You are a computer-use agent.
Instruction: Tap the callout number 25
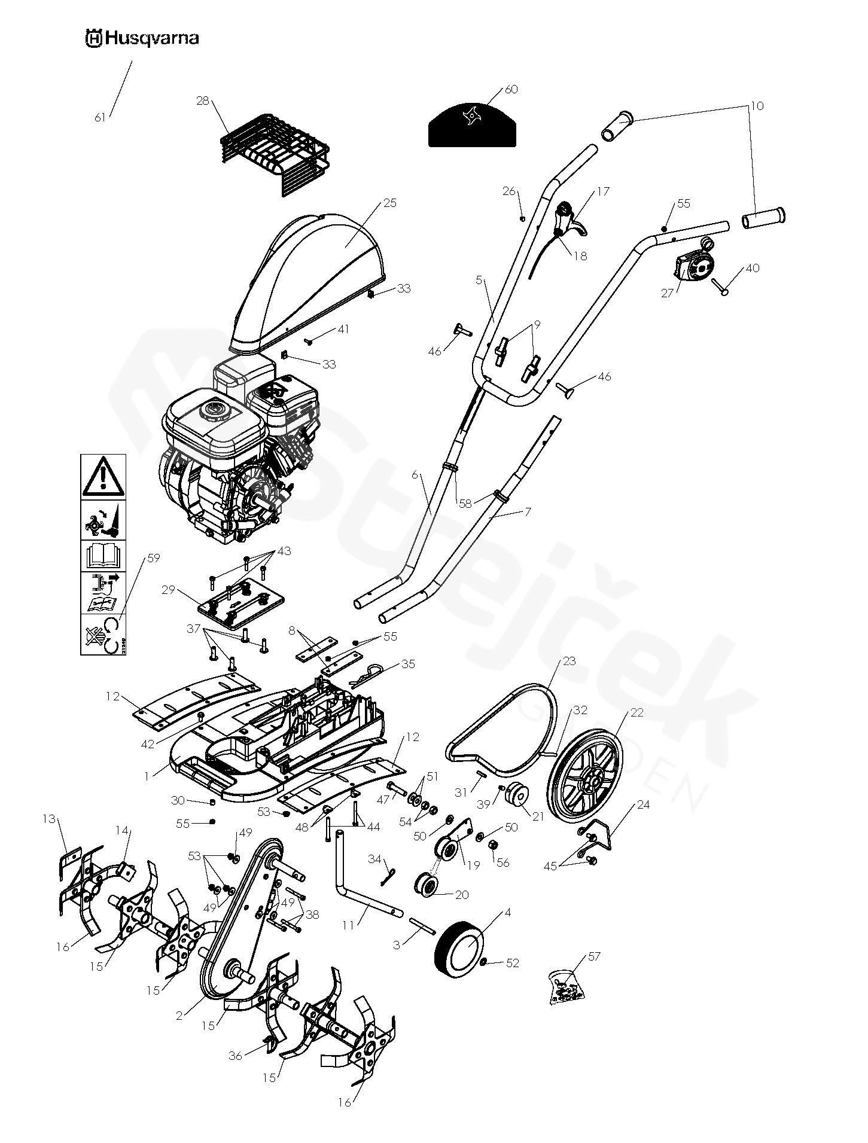point(389,203)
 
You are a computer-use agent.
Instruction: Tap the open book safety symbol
point(103,555)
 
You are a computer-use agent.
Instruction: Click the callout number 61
point(100,118)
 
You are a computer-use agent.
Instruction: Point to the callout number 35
point(408,664)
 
